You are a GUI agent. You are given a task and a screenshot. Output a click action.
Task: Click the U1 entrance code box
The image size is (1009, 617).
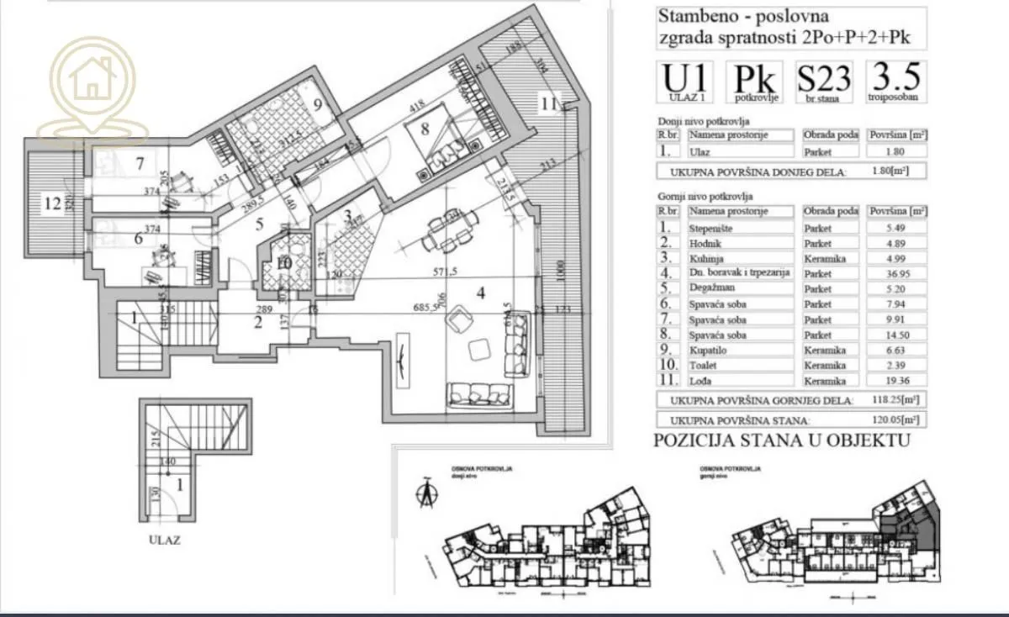(686, 82)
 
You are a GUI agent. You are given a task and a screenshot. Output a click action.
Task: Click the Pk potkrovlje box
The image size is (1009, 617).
(754, 82)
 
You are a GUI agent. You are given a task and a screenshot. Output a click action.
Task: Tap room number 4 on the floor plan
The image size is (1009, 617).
(480, 293)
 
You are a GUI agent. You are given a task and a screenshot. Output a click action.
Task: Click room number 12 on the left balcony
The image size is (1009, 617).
(54, 203)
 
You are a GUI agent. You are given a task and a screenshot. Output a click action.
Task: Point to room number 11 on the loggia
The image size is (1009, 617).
(549, 104)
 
